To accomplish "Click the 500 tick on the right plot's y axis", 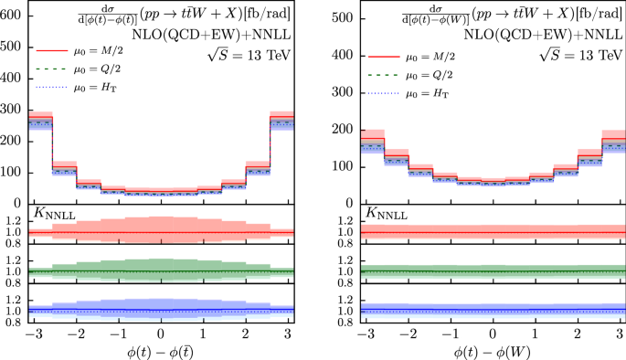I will click(x=345, y=16).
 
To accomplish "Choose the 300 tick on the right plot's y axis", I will click(x=345, y=91).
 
